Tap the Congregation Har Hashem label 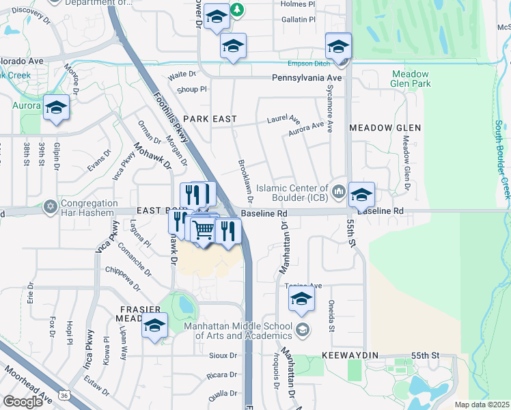point(89,208)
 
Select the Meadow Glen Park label point(410,79)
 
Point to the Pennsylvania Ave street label point(306,79)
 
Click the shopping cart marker point(204,230)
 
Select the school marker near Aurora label point(56,108)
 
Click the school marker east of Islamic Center point(361,195)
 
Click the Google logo point(23,401)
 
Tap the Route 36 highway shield point(64,395)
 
